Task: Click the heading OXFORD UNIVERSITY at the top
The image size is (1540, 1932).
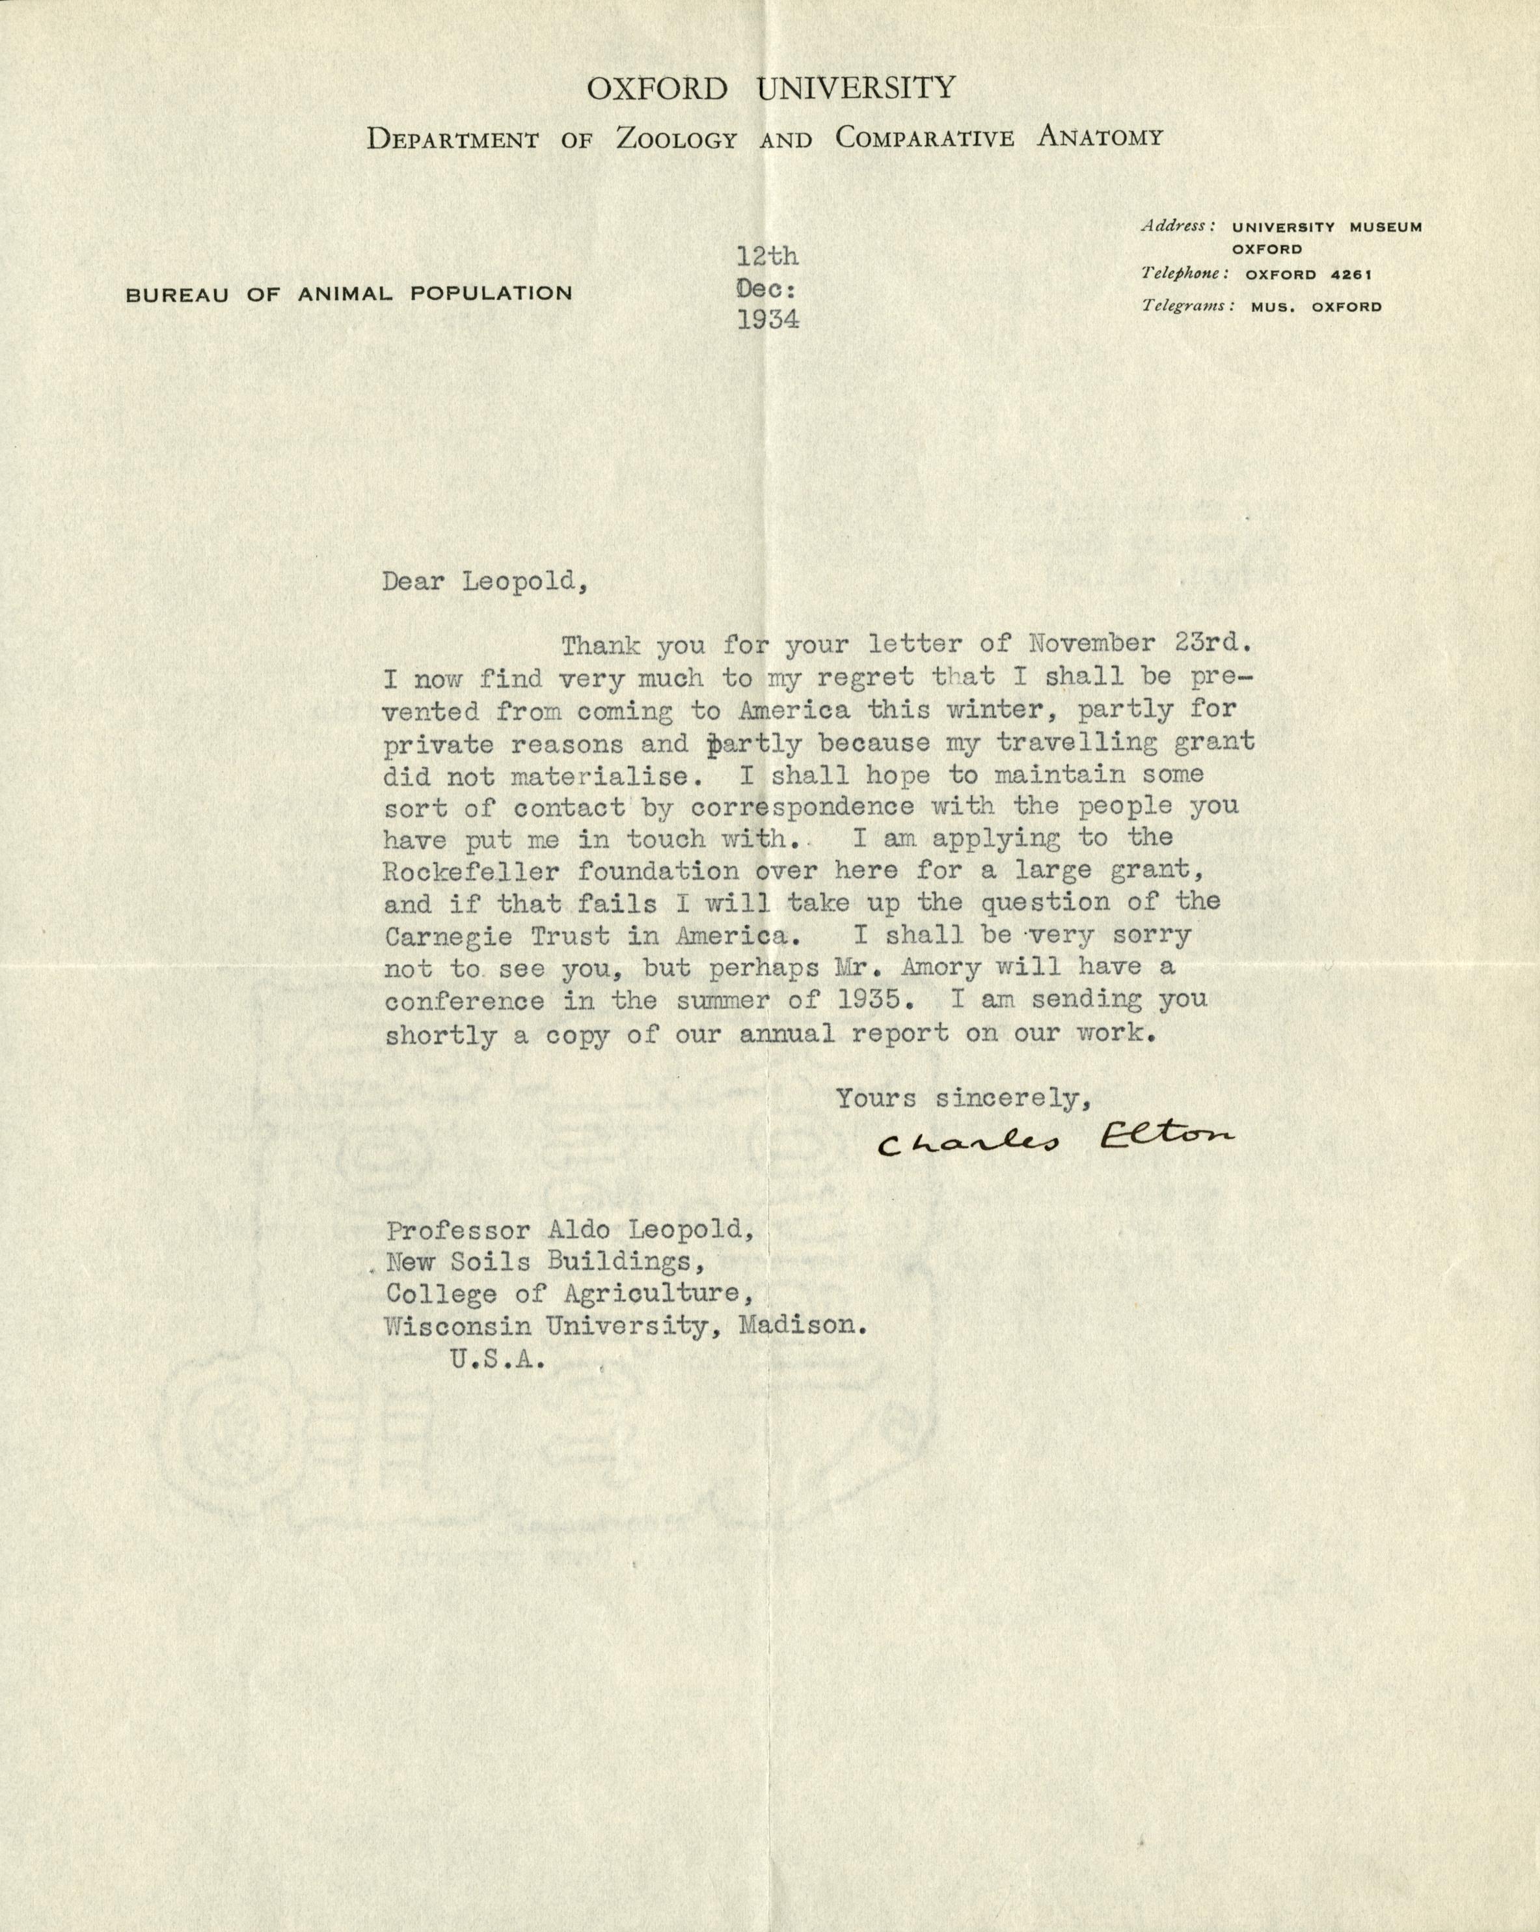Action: [772, 89]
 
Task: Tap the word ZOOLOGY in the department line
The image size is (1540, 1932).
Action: [677, 139]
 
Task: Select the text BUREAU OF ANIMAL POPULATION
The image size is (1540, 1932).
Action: [349, 293]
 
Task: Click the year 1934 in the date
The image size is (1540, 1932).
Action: [768, 320]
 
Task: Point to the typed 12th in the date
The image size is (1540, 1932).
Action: [767, 257]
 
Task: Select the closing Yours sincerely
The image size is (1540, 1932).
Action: [963, 1097]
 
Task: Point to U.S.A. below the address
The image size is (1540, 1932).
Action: [494, 1358]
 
